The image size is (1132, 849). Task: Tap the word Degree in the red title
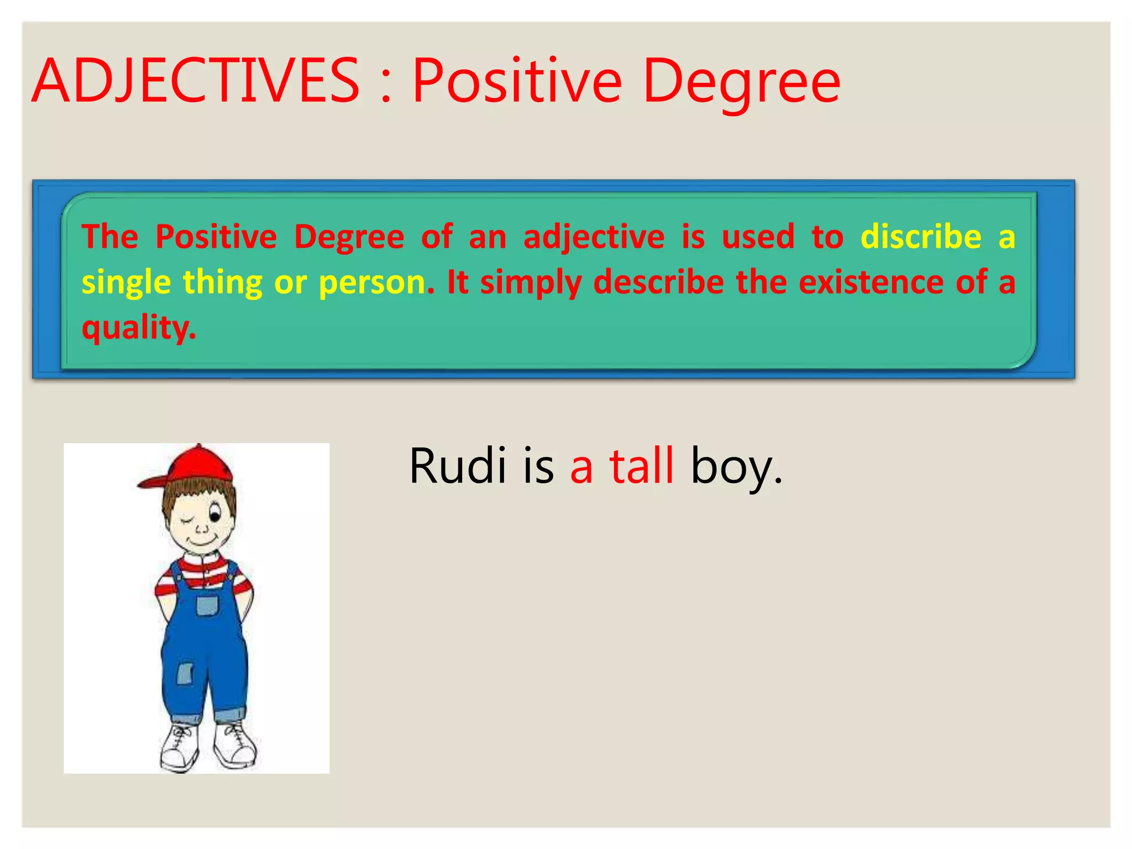741,83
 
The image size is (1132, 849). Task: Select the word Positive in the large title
517,81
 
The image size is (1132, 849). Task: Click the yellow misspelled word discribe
921,237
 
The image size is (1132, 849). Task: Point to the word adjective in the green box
594,238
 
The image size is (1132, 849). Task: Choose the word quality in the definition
138,327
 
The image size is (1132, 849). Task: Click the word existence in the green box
871,282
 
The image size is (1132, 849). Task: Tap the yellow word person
376,283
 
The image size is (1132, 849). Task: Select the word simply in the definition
531,283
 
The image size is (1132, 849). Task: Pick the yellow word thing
222,283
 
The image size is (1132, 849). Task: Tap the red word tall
641,466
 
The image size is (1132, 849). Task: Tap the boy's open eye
214,516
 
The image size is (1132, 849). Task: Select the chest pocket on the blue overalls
207,605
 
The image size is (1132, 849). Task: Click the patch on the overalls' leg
184,674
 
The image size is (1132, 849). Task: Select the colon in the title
386,88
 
